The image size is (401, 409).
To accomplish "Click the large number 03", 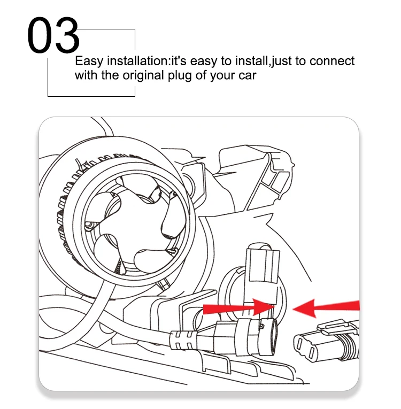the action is pos(53,35).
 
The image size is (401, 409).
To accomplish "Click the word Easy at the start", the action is pos(89,61).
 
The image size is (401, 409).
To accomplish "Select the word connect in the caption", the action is pos(332,61).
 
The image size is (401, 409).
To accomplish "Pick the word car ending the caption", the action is pos(248,76).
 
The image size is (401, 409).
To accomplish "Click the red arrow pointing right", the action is pos(238,308).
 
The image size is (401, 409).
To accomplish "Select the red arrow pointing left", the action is pos(326,308).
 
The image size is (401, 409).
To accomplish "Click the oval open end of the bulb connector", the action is pos(273,337).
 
